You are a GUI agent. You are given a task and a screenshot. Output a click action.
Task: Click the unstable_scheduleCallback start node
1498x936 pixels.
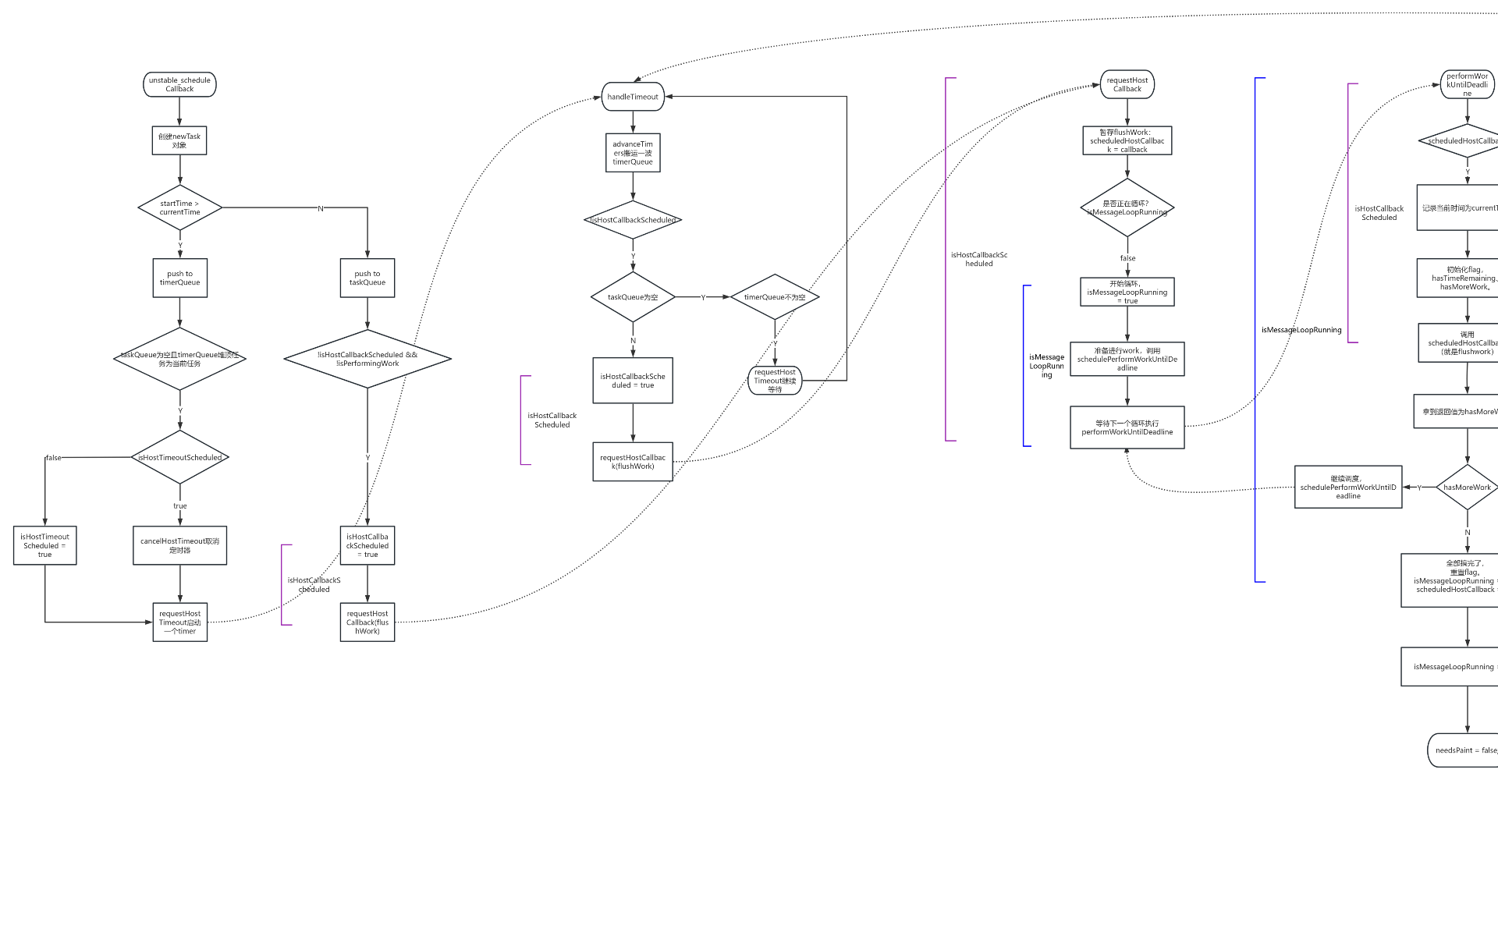[x=179, y=84]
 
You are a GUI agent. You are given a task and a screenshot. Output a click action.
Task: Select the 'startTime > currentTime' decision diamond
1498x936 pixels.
[x=180, y=207]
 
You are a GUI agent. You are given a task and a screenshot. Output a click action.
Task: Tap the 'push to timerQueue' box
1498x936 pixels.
[x=180, y=278]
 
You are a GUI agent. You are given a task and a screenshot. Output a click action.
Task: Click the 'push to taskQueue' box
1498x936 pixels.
[x=367, y=278]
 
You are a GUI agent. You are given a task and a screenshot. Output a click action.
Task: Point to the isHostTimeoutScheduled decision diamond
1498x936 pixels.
[x=180, y=457]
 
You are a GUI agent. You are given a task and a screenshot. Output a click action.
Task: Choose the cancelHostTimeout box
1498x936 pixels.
[x=180, y=545]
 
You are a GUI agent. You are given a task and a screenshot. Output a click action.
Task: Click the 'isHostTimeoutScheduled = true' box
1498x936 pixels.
[x=44, y=545]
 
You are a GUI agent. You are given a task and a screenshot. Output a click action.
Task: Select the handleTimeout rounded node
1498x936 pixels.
[x=633, y=97]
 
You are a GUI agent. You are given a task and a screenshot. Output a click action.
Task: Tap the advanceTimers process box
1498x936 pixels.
[x=633, y=153]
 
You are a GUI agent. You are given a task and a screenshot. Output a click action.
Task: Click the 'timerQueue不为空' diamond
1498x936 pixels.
[x=775, y=297]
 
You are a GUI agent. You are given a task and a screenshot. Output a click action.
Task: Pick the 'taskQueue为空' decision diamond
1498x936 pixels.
[x=633, y=297]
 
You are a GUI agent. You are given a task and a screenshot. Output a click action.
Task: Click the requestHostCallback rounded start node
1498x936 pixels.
[x=1127, y=84]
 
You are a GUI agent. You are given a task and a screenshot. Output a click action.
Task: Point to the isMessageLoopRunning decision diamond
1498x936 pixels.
[x=1127, y=207]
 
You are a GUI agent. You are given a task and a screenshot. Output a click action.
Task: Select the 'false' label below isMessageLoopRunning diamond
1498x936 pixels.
[x=1127, y=258]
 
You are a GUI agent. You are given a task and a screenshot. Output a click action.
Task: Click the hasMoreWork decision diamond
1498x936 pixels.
[x=1467, y=487]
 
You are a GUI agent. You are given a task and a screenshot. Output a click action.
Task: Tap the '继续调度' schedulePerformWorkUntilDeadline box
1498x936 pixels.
[x=1348, y=487]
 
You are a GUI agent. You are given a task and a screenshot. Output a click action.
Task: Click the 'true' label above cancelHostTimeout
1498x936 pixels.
[x=180, y=505]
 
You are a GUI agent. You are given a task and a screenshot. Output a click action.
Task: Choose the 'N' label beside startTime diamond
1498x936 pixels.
[x=321, y=208]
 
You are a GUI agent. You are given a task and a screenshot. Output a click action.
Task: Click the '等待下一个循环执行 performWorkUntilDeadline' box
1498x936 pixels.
[x=1127, y=427]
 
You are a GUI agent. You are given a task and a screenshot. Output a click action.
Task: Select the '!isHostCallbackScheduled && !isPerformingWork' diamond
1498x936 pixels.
[x=367, y=359]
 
